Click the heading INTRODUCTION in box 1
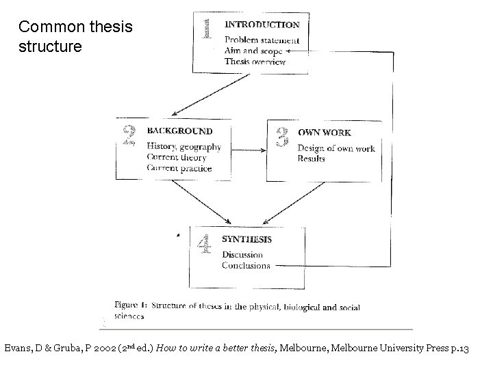[x=262, y=25]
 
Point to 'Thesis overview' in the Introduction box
[x=255, y=61]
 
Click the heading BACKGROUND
[x=179, y=131]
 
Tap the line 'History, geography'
[x=184, y=146]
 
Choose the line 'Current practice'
[x=179, y=168]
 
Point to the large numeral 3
[x=281, y=137]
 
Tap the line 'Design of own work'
[x=336, y=148]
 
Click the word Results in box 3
[x=311, y=159]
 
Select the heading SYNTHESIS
[x=246, y=239]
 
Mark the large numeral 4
[x=204, y=244]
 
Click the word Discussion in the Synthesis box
[x=242, y=255]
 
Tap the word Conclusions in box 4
[x=246, y=266]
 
